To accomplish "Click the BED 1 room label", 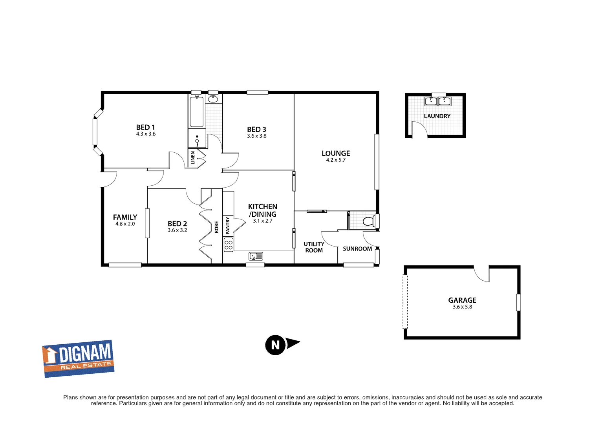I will point(146,127).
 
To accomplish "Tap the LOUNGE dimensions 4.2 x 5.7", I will point(336,160).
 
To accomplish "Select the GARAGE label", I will point(462,300).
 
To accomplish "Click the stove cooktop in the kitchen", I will point(228,245).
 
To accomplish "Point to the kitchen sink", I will point(256,256).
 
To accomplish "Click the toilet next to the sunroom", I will point(368,221).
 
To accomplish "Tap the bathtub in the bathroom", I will point(197,111).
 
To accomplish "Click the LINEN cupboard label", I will point(192,157).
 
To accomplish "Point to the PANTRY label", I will point(228,226).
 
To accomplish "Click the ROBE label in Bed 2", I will point(216,227).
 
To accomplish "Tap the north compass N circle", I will point(275,345).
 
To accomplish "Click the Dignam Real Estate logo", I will point(78,358).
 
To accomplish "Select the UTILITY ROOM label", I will point(314,247).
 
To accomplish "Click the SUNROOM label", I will point(357,249).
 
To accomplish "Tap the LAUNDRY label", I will point(437,116).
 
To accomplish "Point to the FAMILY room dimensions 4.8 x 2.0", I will point(125,224).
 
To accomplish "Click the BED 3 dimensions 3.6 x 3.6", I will point(257,136).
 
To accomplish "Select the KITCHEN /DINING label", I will point(263,210).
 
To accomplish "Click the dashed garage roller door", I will point(405,302).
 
